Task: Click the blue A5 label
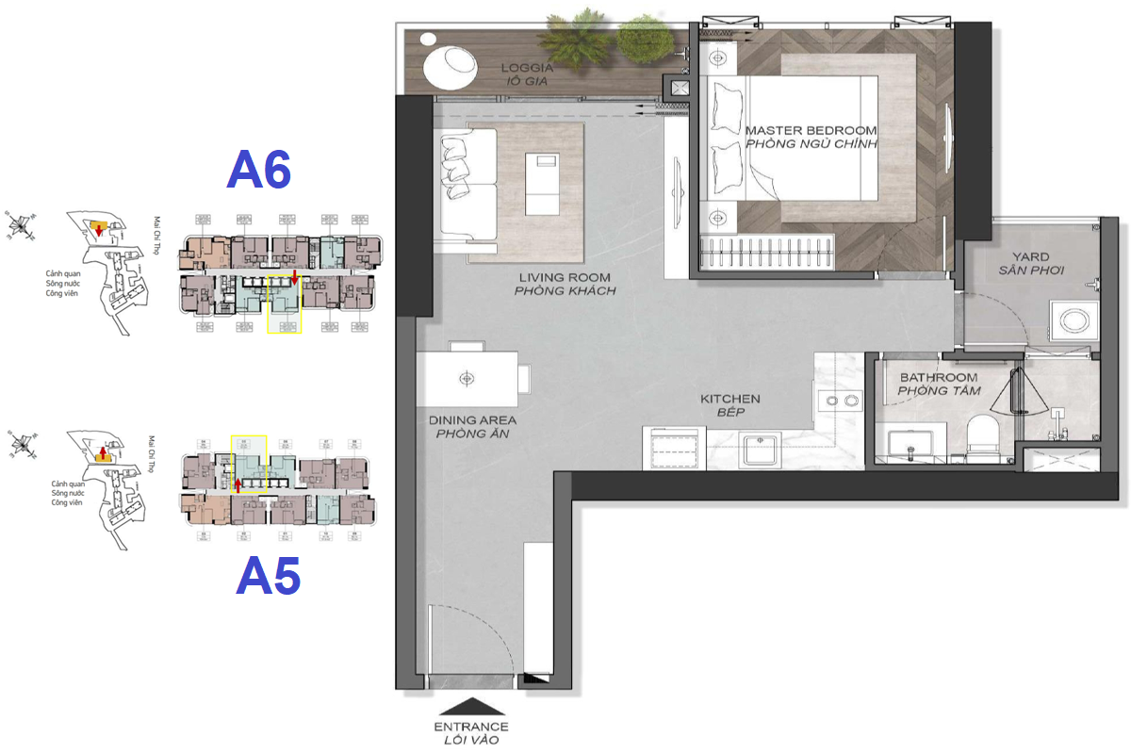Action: (x=269, y=576)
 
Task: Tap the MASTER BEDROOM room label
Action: (x=811, y=130)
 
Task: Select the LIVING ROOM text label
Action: (x=565, y=278)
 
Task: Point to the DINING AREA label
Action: (x=472, y=420)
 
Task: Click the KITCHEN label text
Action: (x=729, y=399)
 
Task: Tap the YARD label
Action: (x=1030, y=256)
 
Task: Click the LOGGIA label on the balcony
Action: (x=527, y=68)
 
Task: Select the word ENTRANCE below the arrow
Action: (x=470, y=727)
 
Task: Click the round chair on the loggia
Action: (x=450, y=66)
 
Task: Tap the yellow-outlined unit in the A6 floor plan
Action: (x=285, y=303)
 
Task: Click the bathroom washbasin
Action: (x=912, y=444)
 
